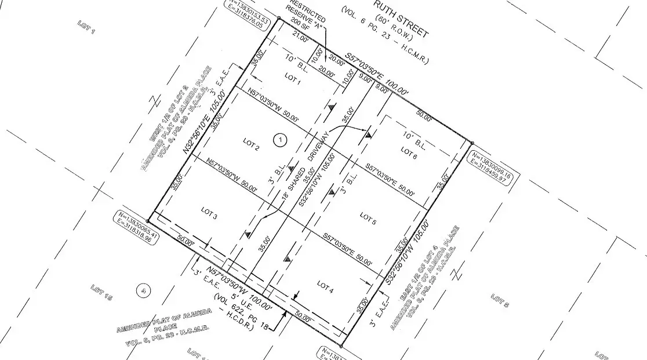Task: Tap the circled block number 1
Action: click(x=281, y=139)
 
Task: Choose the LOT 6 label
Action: click(x=409, y=153)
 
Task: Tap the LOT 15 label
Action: click(x=101, y=293)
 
